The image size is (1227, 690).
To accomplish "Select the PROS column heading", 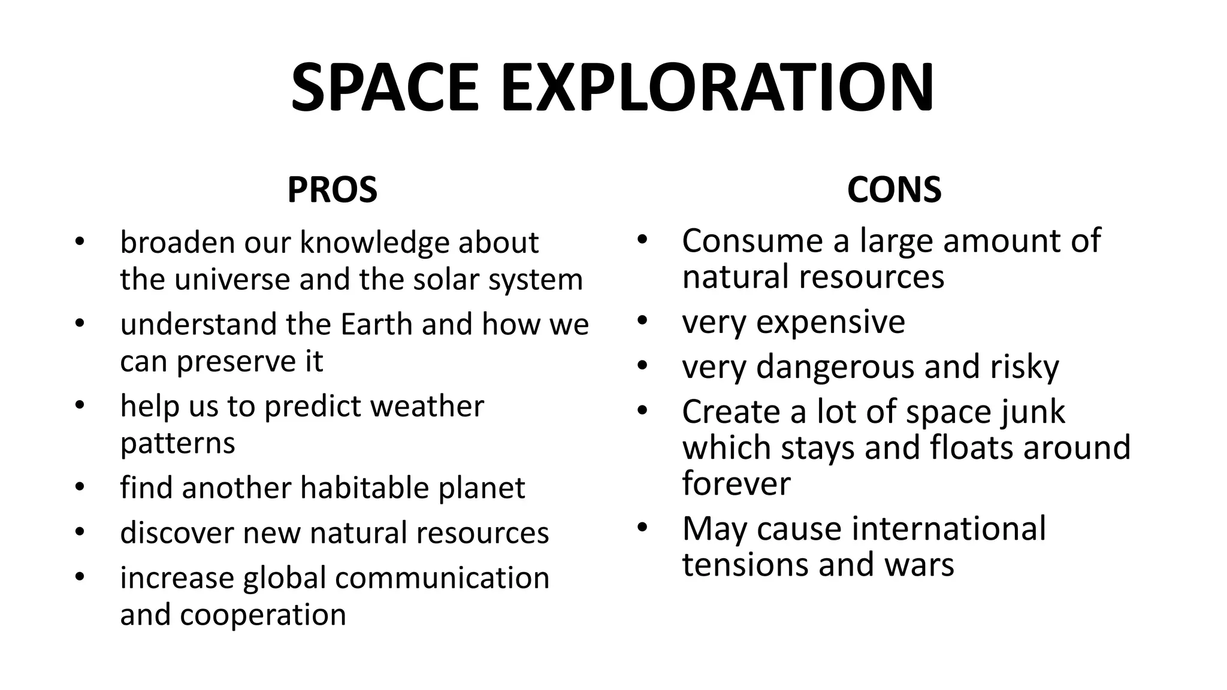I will [332, 190].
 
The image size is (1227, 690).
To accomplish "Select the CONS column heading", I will [894, 190].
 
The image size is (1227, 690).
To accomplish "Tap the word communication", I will [442, 578].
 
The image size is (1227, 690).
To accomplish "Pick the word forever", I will [736, 483].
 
